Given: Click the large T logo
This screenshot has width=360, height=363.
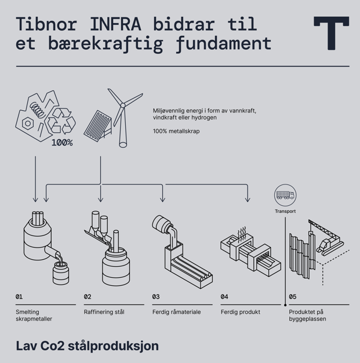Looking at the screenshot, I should (331, 32).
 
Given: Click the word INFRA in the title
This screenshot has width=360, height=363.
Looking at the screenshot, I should (115, 25).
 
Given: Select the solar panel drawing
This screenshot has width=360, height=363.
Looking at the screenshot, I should (95, 125).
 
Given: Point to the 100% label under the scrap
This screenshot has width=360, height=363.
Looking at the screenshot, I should (62, 143).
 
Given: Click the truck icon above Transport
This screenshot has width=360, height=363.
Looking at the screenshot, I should (285, 194).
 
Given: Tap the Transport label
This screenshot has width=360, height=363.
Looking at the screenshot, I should (285, 211).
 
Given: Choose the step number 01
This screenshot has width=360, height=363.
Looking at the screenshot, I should (19, 297).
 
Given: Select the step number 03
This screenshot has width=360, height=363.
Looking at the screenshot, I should (156, 297).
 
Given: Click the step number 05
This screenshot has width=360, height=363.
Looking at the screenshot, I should (293, 297).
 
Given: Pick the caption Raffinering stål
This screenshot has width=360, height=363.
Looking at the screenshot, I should (104, 312).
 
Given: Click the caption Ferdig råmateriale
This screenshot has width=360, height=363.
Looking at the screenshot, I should (177, 312).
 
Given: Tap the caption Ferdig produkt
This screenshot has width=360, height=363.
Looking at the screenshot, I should (241, 312).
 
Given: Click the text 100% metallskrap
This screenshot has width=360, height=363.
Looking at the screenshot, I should (176, 131).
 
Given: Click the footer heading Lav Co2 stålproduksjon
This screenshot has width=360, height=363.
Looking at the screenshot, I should (87, 346).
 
